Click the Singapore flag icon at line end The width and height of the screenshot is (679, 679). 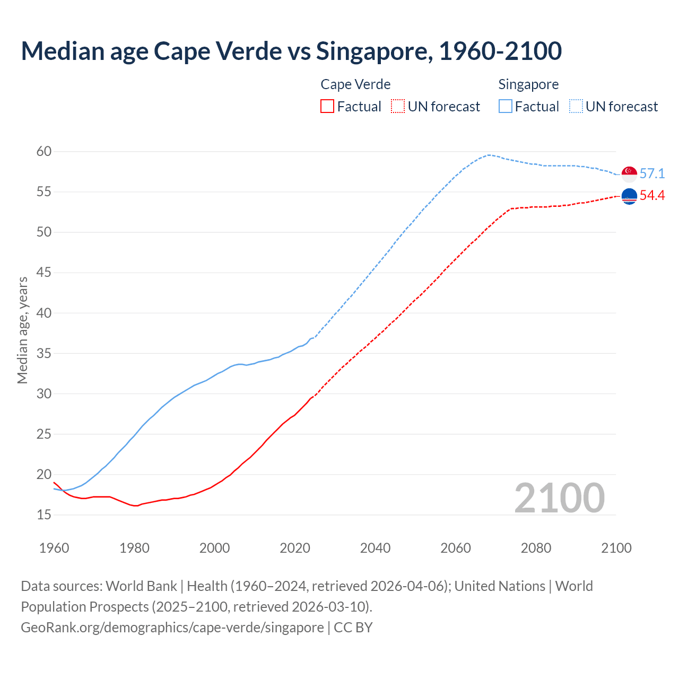pyautogui.click(x=629, y=173)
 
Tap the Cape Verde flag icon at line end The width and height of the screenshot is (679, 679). pyautogui.click(x=629, y=196)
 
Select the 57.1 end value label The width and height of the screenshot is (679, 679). pyautogui.click(x=652, y=173)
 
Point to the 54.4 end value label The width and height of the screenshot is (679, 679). pyautogui.click(x=652, y=196)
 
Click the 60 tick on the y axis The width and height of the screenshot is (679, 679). pyautogui.click(x=44, y=152)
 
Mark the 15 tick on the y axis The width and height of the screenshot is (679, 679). pyautogui.click(x=44, y=515)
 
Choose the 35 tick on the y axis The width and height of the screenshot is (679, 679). pyautogui.click(x=44, y=353)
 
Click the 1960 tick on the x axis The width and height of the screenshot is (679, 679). pyautogui.click(x=54, y=548)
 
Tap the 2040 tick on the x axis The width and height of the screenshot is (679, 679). pyautogui.click(x=375, y=548)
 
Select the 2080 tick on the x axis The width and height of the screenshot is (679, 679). pyautogui.click(x=536, y=548)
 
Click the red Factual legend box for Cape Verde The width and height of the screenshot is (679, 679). pyautogui.click(x=327, y=107)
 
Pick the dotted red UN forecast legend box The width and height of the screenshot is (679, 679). pyautogui.click(x=398, y=107)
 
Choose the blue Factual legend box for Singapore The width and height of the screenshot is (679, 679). pyautogui.click(x=506, y=107)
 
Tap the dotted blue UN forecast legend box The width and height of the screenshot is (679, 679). pyautogui.click(x=576, y=107)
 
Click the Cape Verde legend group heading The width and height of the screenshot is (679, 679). pyautogui.click(x=355, y=84)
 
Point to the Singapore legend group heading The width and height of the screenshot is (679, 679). pyautogui.click(x=528, y=84)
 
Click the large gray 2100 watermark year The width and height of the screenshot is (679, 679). pyautogui.click(x=559, y=498)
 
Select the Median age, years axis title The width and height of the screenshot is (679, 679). pyautogui.click(x=22, y=330)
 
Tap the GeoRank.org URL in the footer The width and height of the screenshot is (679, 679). pyautogui.click(x=172, y=627)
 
